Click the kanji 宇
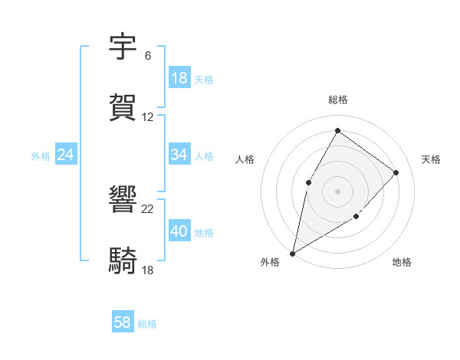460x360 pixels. (x=123, y=47)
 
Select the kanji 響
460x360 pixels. (x=123, y=200)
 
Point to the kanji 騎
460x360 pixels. (x=123, y=260)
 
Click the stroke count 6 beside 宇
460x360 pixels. (x=147, y=56)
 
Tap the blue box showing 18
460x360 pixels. (x=179, y=78)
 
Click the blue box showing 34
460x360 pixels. (x=179, y=155)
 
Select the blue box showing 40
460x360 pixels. (x=179, y=231)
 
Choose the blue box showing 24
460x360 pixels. (x=65, y=155)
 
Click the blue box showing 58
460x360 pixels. (x=122, y=322)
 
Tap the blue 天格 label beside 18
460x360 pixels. (x=204, y=80)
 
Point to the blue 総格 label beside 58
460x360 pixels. (x=147, y=324)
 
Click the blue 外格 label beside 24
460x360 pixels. (x=41, y=156)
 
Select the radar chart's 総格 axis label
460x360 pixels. (x=338, y=100)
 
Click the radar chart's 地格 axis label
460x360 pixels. (x=402, y=262)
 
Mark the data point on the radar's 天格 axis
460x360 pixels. (x=396, y=172)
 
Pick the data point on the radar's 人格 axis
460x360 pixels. (x=308, y=182)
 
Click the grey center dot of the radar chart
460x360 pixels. (x=337, y=191)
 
